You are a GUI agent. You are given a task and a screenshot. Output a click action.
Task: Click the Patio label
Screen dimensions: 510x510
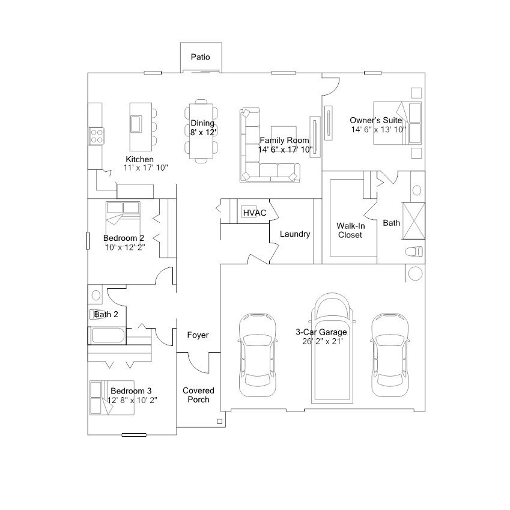201,57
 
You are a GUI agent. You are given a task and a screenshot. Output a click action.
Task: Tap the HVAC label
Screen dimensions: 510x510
255,213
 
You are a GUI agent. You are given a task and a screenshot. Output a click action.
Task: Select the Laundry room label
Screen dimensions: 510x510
295,234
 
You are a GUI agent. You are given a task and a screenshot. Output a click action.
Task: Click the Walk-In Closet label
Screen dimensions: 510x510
350,230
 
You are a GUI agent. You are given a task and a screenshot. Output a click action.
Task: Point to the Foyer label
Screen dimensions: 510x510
198,335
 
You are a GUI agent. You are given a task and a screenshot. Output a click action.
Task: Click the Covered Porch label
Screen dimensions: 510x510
198,395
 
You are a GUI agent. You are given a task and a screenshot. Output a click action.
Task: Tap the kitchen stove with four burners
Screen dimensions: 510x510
97,136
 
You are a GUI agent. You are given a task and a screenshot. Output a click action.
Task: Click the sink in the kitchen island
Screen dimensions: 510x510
136,124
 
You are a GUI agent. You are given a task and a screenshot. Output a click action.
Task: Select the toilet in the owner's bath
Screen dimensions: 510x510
414,252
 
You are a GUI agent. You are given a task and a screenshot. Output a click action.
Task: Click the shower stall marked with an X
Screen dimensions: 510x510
414,221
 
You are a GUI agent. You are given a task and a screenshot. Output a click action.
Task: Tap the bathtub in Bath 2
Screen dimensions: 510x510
108,336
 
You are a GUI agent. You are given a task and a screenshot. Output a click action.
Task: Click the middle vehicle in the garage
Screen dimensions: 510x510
332,348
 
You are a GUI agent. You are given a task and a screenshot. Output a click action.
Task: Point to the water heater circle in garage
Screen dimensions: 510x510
415,273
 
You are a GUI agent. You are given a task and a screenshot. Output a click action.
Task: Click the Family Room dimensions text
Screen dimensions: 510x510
285,150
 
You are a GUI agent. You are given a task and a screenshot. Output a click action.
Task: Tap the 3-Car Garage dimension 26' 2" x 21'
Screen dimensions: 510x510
323,341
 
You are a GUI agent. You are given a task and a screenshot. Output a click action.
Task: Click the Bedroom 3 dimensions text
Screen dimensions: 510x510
132,400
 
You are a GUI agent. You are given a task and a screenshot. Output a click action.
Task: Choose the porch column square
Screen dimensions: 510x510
219,422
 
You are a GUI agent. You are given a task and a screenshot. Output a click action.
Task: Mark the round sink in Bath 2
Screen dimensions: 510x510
96,296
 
